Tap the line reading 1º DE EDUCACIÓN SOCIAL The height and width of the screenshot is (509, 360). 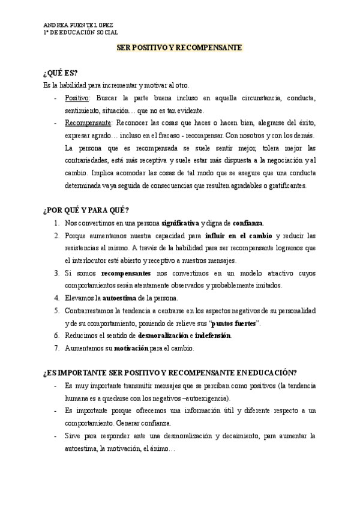click(x=80, y=33)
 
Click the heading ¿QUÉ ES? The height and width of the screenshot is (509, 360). click(x=60, y=73)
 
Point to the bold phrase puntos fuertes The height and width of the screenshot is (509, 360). click(x=233, y=323)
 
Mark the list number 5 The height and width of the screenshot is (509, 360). click(x=56, y=310)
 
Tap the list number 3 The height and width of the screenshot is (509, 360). click(x=56, y=273)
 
